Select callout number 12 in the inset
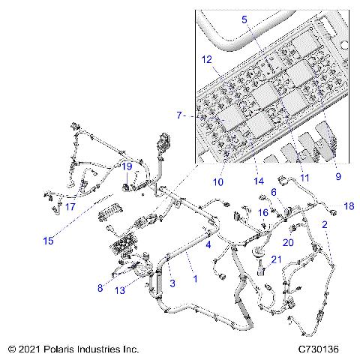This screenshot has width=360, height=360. [207, 58]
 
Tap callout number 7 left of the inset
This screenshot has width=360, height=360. [178, 115]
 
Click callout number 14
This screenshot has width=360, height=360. [259, 181]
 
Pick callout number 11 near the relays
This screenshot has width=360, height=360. [304, 178]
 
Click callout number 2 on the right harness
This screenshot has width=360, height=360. [324, 224]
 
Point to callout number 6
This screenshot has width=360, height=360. [274, 192]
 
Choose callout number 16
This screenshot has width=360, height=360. [263, 212]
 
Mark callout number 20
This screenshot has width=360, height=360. [288, 241]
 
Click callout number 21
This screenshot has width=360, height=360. [277, 259]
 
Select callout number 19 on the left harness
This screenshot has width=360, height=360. [127, 166]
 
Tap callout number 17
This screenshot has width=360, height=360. [70, 207]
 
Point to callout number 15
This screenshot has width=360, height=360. [48, 241]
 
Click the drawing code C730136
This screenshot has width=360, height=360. [321, 349]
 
